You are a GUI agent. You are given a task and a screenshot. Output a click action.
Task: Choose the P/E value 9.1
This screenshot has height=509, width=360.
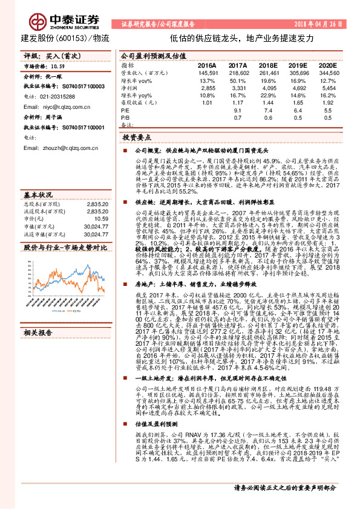pyautogui.click(x=238, y=111)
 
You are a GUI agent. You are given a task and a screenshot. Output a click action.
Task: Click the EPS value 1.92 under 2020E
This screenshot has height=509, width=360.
pyautogui.click(x=327, y=103)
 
